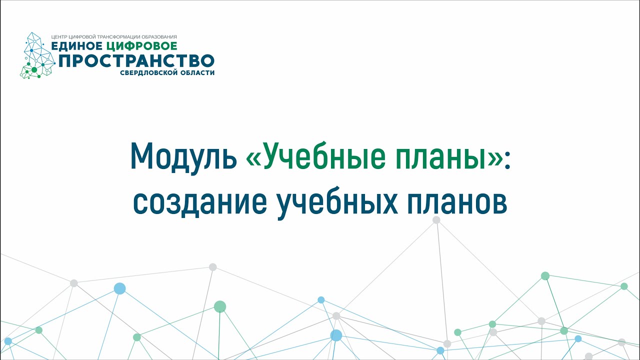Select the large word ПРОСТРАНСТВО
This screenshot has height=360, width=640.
click(x=136, y=61)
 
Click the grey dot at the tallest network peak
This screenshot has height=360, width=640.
click(x=436, y=220)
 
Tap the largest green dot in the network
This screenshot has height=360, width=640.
click(x=220, y=306)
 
